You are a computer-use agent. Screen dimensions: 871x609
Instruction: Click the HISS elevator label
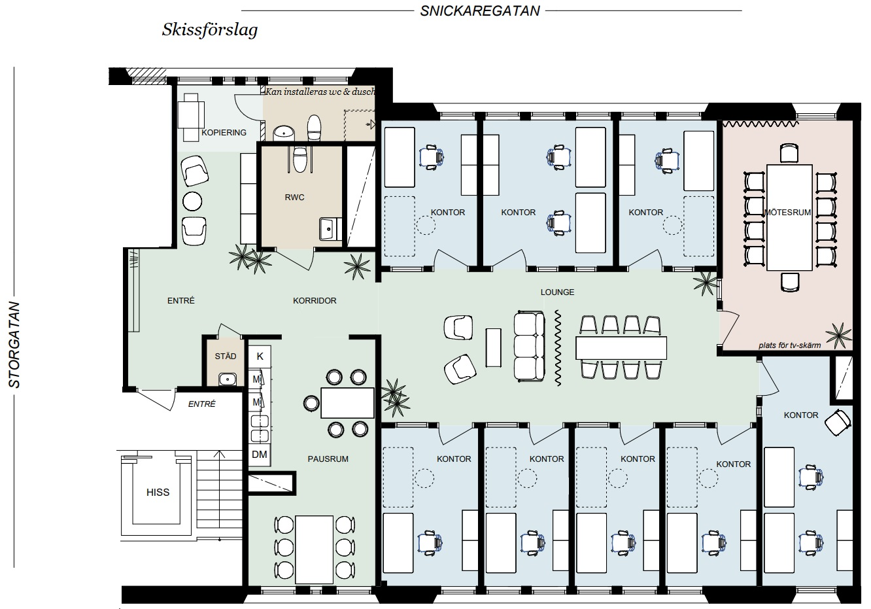pos(158,493)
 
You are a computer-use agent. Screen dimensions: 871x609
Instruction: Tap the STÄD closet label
pos(226,356)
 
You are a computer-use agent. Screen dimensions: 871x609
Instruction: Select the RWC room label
pos(294,197)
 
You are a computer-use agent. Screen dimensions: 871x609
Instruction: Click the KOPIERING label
pos(224,133)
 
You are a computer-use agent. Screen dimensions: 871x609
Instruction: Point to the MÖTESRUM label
pos(787,213)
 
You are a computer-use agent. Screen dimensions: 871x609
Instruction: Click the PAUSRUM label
pos(328,459)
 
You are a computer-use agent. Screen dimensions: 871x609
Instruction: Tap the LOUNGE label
pos(557,292)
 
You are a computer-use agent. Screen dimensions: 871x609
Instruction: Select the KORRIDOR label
pos(315,301)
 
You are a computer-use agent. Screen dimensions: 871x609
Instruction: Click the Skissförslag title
pos(210,30)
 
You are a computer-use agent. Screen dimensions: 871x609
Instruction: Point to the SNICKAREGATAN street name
pos(480,11)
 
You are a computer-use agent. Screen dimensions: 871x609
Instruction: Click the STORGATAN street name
pos(14,345)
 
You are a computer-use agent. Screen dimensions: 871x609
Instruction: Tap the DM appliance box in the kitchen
pos(260,454)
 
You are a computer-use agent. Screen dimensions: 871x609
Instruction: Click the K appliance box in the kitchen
pos(260,357)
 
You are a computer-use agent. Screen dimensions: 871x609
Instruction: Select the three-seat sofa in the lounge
pos(529,346)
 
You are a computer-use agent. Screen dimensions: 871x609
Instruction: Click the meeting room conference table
pos(789,217)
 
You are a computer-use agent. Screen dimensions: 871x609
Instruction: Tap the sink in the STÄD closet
pos(228,379)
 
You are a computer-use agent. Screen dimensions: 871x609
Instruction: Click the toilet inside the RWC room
pos(299,159)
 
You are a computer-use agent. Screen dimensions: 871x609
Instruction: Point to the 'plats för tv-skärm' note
pos(789,345)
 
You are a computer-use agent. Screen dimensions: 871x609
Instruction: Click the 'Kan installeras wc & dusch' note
pos(320,92)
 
